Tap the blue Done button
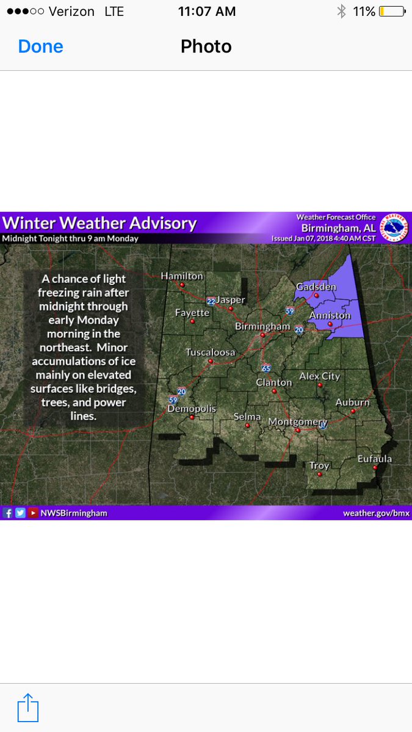(x=40, y=46)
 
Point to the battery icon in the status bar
(x=391, y=12)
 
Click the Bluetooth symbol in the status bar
(x=341, y=12)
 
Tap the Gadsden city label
(x=316, y=287)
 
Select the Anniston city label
(x=330, y=315)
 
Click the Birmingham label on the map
(x=262, y=326)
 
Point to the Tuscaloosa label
(x=211, y=352)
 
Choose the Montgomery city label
(x=298, y=422)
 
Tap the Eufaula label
(x=374, y=459)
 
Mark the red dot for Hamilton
(x=182, y=284)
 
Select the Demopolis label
(x=192, y=409)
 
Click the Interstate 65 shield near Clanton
(x=266, y=368)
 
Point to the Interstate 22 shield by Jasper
(x=211, y=301)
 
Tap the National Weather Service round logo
(x=394, y=228)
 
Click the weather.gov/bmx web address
(x=376, y=513)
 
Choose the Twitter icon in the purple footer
(x=20, y=513)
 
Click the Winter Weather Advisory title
(x=99, y=223)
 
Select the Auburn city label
(x=352, y=402)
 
